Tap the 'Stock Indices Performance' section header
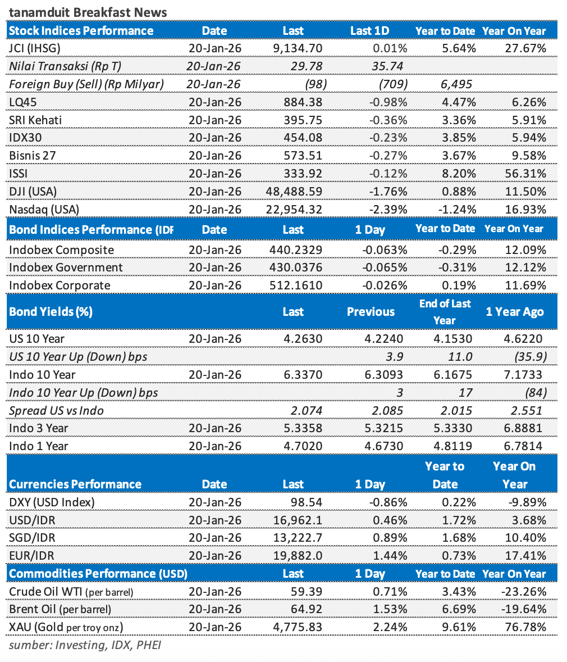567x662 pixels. point(81,31)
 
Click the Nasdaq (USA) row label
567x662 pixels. point(44,209)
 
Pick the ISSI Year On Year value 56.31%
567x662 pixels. point(525,173)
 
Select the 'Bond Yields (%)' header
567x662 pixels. point(51,312)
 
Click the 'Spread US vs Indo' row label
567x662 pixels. point(56,411)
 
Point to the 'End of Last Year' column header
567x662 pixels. point(445,312)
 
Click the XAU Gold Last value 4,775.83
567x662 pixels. point(297,627)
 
